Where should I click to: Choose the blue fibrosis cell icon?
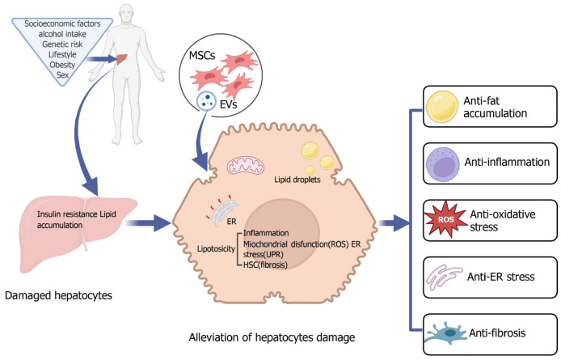444,333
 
